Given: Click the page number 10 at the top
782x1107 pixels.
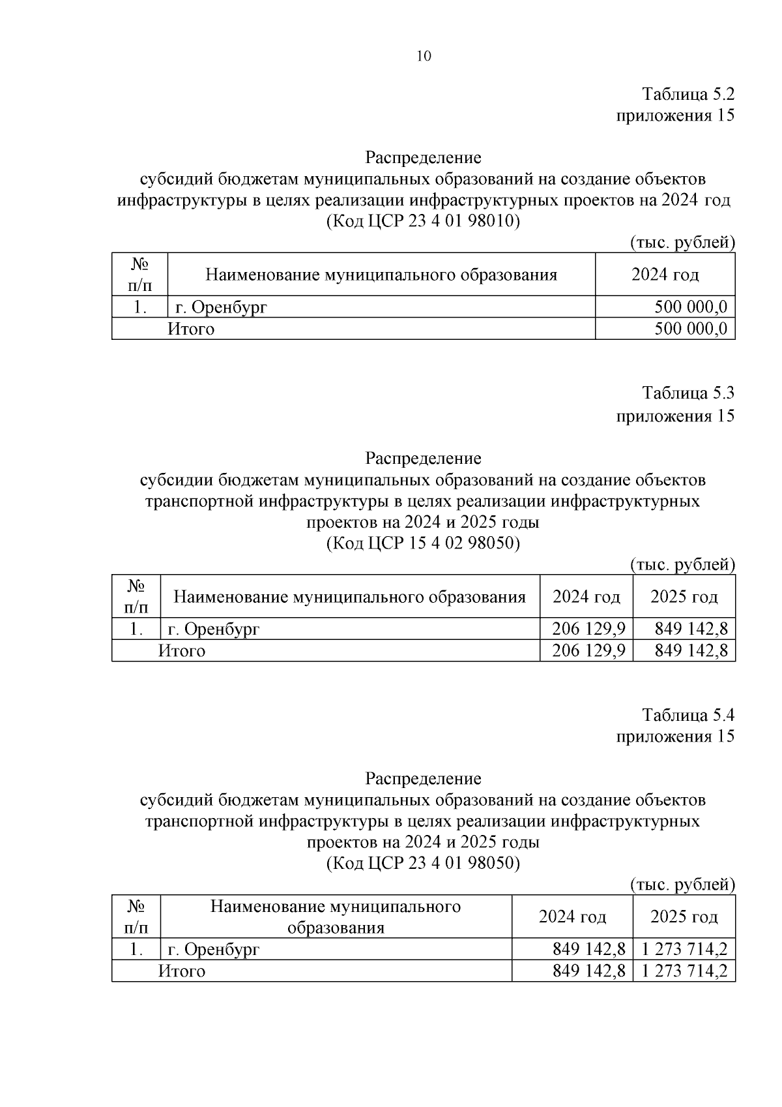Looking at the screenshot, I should (423, 56).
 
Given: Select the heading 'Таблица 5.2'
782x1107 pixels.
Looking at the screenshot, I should (688, 94).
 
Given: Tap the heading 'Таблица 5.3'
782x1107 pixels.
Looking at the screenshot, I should (688, 393).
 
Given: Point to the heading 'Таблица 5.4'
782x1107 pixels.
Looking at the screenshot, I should (688, 715).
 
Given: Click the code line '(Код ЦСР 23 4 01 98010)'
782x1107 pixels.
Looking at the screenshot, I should (423, 221).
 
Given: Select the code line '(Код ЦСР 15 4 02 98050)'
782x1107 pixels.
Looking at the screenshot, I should (423, 543).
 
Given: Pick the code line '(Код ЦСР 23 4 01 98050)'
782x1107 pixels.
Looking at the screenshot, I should (423, 864).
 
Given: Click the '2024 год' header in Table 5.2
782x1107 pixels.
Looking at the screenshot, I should (665, 275).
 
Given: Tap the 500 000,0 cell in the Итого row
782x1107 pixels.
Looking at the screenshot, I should (690, 329).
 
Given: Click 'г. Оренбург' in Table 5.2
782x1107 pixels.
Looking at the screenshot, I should (222, 307).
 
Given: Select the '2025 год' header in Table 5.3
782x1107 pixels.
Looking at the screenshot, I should (684, 597).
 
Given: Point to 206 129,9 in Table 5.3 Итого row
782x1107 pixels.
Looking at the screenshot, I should (588, 651).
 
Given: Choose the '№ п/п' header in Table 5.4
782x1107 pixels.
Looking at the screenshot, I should (136, 917).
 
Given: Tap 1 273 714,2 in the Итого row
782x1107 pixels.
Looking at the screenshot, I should (684, 971).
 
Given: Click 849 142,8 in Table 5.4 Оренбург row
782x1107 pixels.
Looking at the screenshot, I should (588, 950).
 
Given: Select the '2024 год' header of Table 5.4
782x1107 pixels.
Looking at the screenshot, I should (572, 917).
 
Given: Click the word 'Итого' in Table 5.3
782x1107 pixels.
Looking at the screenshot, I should (182, 651).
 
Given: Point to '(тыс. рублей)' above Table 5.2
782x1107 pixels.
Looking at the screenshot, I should (682, 243).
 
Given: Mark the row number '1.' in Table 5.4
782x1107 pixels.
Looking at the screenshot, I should (136, 950).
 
